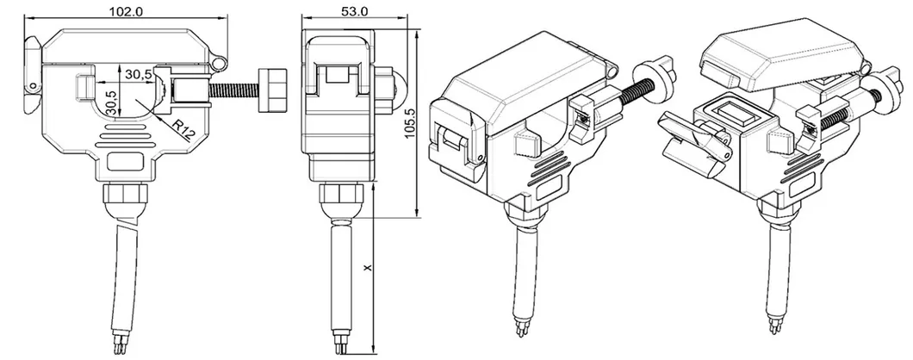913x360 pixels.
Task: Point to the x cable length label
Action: pyautogui.click(x=368, y=270)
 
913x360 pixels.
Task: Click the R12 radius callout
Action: pyautogui.click(x=182, y=130)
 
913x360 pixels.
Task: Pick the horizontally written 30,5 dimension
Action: pyautogui.click(x=137, y=75)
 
